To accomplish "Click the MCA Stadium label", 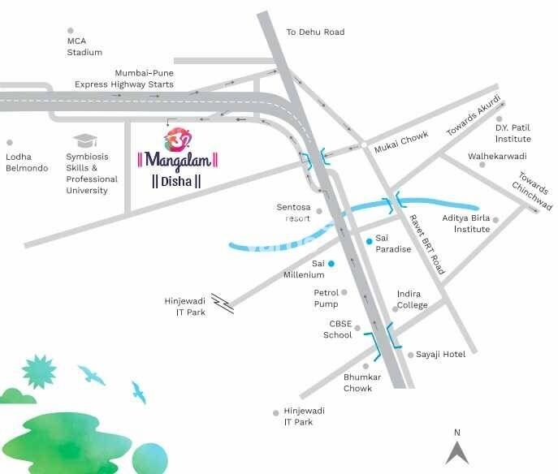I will point(84,47).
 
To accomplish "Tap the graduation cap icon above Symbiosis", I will point(84,141).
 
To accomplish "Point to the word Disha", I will point(176,181).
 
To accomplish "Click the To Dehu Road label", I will point(315,32).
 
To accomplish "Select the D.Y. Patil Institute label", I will point(513,133).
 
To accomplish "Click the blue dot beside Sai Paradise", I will point(369,239).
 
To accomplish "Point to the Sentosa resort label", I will point(294,213).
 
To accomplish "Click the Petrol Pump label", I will point(326,298).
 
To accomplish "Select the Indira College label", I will point(412,299).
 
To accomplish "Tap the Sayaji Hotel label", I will point(440,355).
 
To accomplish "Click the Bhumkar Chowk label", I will point(357,383).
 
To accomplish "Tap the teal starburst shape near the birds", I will point(39,373).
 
